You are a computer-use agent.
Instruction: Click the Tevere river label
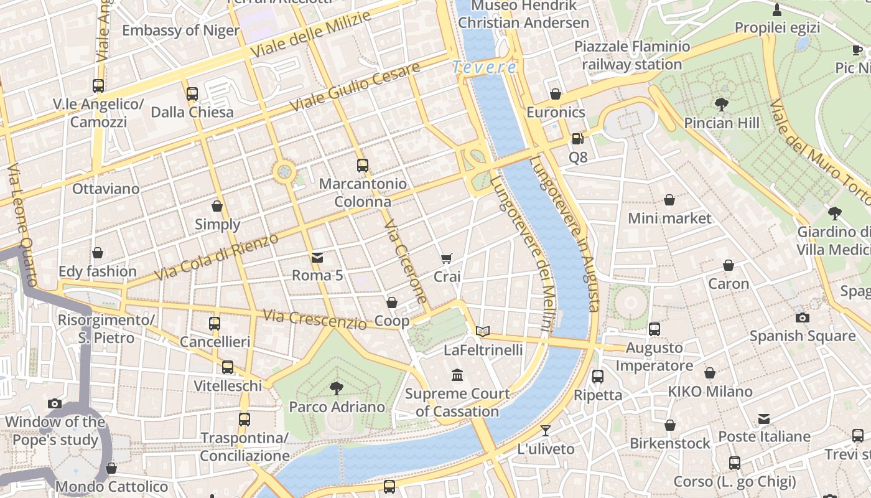pyautogui.click(x=484, y=67)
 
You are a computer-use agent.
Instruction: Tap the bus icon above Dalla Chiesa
pyautogui.click(x=192, y=94)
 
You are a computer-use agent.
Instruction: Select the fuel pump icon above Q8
pyautogui.click(x=578, y=139)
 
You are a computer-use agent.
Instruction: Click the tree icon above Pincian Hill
pyautogui.click(x=722, y=104)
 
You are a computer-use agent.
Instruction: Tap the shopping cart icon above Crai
pyautogui.click(x=447, y=258)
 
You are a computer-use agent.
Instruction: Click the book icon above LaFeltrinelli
pyautogui.click(x=483, y=332)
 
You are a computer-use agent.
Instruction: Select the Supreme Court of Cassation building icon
pyautogui.click(x=457, y=375)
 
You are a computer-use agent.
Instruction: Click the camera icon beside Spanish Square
pyautogui.click(x=803, y=317)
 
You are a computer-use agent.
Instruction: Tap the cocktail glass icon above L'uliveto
pyautogui.click(x=546, y=430)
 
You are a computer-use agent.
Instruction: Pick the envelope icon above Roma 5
pyautogui.click(x=317, y=257)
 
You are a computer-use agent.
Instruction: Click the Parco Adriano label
pyautogui.click(x=337, y=407)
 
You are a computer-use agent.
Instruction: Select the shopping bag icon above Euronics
pyautogui.click(x=556, y=94)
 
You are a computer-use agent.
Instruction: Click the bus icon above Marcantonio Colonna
pyautogui.click(x=363, y=166)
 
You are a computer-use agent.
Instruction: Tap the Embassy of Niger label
pyautogui.click(x=180, y=31)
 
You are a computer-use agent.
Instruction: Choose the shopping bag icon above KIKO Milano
pyautogui.click(x=709, y=373)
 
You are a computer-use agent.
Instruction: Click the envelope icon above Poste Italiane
pyautogui.click(x=764, y=419)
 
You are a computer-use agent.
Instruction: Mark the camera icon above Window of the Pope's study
pyautogui.click(x=55, y=403)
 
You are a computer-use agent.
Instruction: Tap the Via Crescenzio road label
pyautogui.click(x=314, y=319)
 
